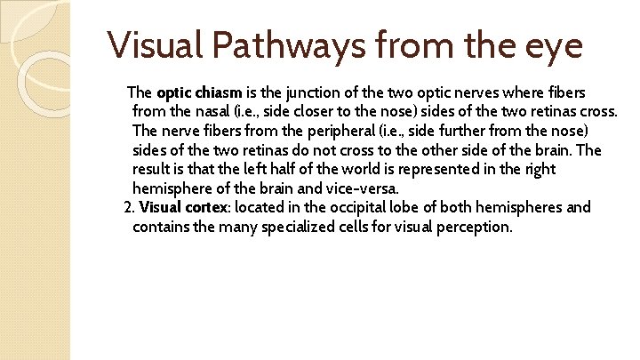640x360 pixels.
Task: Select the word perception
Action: (x=472, y=227)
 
